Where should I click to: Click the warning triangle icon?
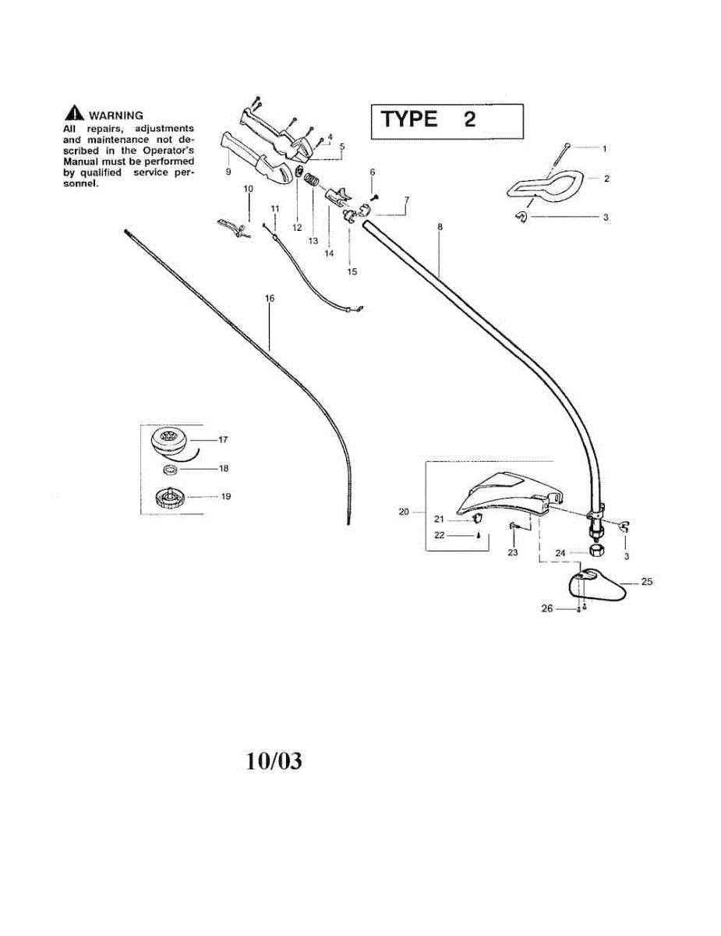(x=76, y=115)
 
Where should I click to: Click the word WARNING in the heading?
(x=116, y=115)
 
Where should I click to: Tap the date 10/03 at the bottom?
(x=274, y=760)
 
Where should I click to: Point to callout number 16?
(x=270, y=298)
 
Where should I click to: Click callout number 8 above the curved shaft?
(x=440, y=227)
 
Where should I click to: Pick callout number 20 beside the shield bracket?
(x=404, y=512)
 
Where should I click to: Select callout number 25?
(x=646, y=582)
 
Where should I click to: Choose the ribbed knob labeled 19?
(x=169, y=497)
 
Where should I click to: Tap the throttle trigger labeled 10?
(x=231, y=226)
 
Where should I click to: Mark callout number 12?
(x=297, y=228)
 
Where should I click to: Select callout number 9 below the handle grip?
(x=228, y=171)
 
